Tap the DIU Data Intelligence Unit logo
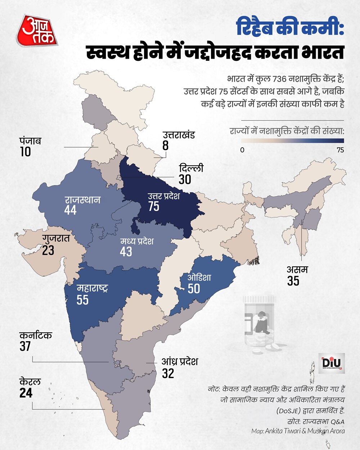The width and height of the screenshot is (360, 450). [x=333, y=363]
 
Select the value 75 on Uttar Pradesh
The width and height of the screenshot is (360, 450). [x=154, y=207]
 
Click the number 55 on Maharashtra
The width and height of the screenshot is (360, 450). [x=82, y=300]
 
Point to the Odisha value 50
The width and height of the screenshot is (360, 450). [x=194, y=289]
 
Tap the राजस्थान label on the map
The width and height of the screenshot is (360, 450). [x=82, y=200]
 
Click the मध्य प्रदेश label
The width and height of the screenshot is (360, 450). [x=137, y=241]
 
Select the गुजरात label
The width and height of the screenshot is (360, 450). [x=56, y=238]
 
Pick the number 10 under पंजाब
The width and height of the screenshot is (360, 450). [x=25, y=152]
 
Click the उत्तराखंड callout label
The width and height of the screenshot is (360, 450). [x=179, y=135]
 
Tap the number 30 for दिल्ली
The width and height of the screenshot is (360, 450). [x=185, y=180]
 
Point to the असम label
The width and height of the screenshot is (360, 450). [x=297, y=269]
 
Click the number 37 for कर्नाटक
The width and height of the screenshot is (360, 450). [x=25, y=346]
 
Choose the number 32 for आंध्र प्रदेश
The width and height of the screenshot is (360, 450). [x=168, y=374]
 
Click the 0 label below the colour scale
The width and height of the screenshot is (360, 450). [x=242, y=150]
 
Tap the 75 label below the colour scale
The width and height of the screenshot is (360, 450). [x=340, y=150]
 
